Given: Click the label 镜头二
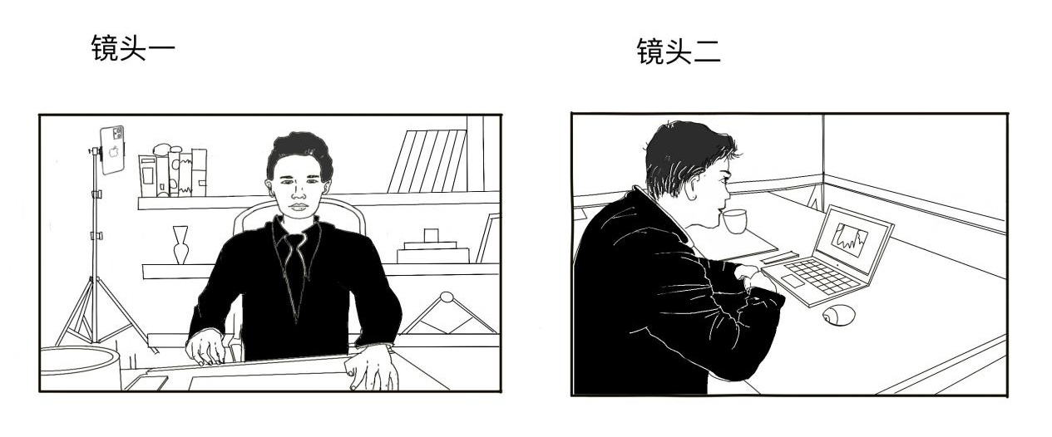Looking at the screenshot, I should click(678, 51).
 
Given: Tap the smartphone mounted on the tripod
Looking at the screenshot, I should click(112, 150).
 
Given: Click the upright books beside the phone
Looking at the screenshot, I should click(172, 173).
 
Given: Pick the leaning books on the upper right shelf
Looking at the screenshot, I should click(428, 160).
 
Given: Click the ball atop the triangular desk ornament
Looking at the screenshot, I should click(447, 297).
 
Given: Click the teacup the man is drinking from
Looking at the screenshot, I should click(734, 221).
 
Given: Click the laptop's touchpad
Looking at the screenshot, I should click(795, 283).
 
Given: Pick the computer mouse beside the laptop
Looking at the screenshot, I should click(838, 315).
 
